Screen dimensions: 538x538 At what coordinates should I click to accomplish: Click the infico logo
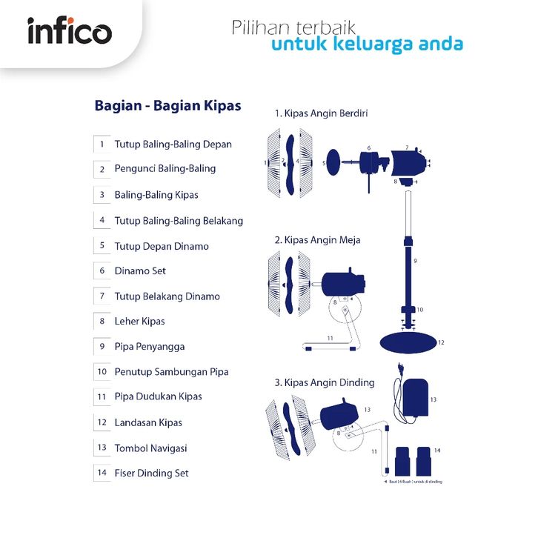70,32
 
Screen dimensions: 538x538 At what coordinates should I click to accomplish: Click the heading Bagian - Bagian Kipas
167,105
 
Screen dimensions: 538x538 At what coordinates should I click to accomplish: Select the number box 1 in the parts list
102,145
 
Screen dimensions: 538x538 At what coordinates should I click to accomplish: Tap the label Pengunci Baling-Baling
165,168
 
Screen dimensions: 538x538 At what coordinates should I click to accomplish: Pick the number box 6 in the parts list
102,271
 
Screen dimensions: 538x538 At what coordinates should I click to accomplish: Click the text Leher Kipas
139,322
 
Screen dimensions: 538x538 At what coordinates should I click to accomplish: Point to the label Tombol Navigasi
150,448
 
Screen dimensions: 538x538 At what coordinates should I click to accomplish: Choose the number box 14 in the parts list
102,473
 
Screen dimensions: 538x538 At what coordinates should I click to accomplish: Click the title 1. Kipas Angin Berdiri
321,113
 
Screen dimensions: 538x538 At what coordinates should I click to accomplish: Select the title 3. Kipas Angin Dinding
324,382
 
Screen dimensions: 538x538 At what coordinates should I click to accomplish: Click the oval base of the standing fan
408,343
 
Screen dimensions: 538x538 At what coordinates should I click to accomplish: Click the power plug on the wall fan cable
401,368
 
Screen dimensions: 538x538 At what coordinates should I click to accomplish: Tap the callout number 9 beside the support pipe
415,261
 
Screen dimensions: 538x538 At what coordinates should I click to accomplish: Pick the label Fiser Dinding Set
151,473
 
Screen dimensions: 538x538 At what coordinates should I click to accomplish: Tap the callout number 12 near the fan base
441,343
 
